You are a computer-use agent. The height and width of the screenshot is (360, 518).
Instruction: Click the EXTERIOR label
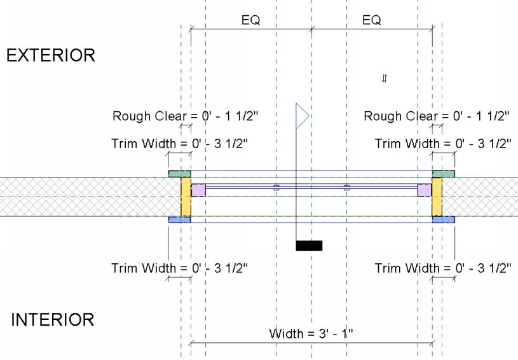pos(50,55)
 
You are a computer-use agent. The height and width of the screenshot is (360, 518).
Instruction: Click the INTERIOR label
pos(52,319)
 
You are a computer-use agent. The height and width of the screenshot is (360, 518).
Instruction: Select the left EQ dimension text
pos(250,20)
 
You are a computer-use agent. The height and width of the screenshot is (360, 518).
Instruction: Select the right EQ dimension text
pos(371,20)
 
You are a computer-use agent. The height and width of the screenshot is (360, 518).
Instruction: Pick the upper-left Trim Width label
pos(179,143)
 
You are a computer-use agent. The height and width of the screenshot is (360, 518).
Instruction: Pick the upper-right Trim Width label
pos(442,143)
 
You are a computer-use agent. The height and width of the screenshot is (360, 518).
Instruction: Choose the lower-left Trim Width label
pos(179,268)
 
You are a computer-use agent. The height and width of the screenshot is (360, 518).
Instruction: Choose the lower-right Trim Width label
pos(442,268)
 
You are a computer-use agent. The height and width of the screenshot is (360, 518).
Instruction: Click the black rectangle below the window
pos(310,246)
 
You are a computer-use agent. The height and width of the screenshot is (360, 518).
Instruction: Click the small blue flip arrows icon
pos(384,78)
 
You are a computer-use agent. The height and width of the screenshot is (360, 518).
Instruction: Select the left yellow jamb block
pos(186,197)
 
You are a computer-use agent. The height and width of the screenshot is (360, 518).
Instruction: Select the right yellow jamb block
pos(437,197)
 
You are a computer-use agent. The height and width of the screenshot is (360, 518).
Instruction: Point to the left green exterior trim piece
pos(179,173)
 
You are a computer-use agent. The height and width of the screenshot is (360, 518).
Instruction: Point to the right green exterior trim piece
pos(444,173)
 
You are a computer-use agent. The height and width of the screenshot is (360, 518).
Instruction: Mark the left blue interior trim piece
pos(179,219)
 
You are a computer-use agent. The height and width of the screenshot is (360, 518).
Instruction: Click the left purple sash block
pos(198,190)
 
